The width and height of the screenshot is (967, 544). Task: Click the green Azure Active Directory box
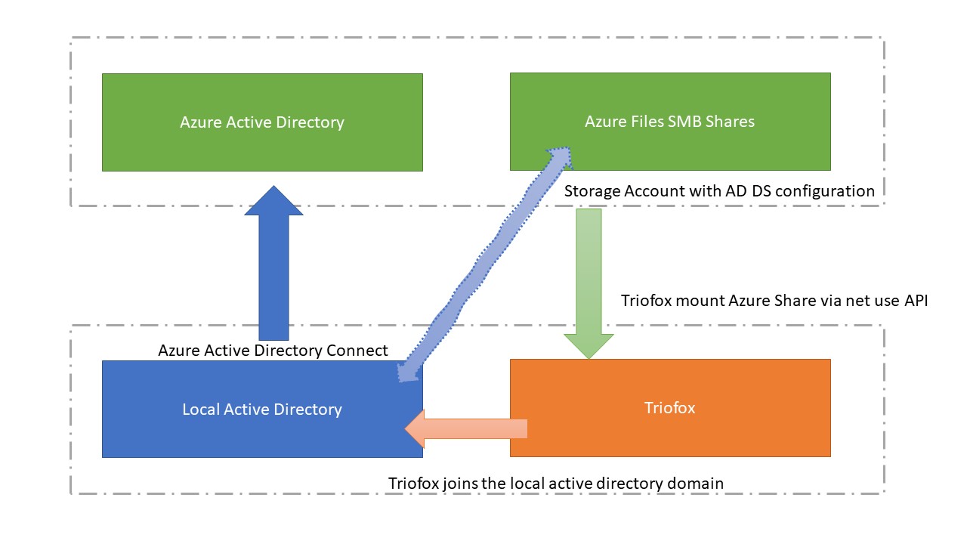262,122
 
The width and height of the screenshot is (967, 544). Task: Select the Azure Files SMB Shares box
670,122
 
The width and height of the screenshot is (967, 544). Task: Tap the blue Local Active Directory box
262,410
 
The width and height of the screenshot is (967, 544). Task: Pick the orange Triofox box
670,408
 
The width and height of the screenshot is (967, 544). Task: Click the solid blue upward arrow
273,264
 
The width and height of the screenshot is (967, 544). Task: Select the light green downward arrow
589,283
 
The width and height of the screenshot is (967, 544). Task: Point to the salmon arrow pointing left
466,428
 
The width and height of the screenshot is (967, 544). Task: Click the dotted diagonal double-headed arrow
485,264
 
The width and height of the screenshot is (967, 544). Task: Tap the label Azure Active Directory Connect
273,350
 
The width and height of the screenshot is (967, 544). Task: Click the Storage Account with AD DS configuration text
719,191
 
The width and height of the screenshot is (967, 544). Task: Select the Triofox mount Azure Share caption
774,301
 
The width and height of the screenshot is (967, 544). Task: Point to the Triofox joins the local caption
556,484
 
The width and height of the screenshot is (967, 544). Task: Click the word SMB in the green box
684,122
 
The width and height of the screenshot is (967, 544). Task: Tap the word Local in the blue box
201,410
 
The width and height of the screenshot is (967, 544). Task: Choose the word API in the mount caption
916,301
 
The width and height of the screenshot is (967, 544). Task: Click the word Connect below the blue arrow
357,350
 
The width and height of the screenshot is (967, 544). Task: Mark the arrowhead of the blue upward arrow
273,200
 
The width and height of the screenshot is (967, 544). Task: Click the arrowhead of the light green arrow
589,346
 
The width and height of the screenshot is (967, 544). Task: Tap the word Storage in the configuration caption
592,191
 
